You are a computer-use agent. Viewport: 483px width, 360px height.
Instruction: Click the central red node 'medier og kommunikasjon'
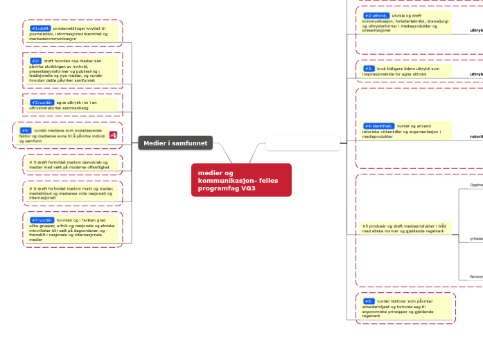click(240, 180)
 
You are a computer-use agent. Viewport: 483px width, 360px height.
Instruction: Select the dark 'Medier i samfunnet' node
click(175, 143)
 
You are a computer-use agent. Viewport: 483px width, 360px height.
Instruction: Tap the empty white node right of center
click(302, 143)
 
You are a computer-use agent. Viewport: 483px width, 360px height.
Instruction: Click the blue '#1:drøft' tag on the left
click(40, 28)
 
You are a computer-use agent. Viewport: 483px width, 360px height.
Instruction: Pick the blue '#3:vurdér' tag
click(42, 102)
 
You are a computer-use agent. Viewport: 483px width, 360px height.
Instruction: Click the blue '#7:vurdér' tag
click(42, 220)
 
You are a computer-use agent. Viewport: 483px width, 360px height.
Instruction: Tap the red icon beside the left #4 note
click(113, 134)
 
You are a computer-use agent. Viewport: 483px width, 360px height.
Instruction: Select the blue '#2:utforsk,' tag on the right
click(376, 15)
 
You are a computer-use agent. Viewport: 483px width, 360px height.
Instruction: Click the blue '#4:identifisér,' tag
click(378, 126)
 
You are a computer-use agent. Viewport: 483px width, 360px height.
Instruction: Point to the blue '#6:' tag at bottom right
click(369, 302)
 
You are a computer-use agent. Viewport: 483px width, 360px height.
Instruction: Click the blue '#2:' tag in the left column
click(35, 61)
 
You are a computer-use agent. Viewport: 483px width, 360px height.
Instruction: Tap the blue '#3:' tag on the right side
click(369, 69)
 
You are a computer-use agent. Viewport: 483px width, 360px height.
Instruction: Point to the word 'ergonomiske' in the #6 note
click(376, 312)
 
